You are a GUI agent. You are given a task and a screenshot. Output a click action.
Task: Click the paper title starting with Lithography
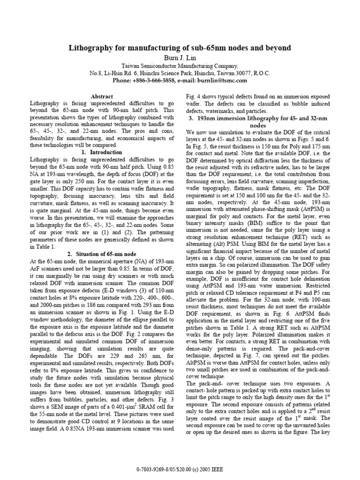(180, 48)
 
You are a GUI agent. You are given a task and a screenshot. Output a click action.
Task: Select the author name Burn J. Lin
(180, 57)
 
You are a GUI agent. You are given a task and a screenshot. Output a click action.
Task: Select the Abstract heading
(102, 96)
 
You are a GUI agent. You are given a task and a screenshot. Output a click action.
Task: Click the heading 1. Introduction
(102, 152)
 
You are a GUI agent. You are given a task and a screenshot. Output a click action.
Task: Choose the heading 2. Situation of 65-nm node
(102, 254)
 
